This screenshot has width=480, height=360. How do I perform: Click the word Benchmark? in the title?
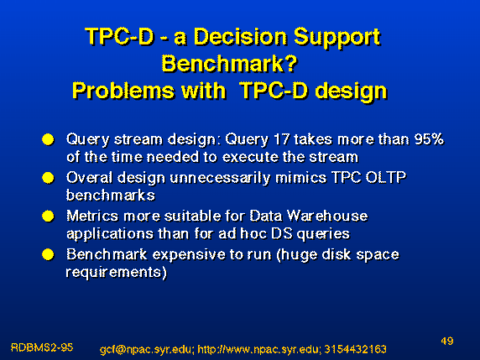click(230, 64)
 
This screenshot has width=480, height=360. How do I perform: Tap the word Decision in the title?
click(241, 37)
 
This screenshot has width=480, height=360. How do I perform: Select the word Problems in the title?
click(123, 91)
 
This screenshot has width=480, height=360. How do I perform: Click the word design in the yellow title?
click(352, 91)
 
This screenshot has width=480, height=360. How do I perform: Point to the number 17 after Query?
click(281, 139)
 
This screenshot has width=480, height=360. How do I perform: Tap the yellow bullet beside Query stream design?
click(48, 139)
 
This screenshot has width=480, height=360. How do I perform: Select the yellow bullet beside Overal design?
click(48, 178)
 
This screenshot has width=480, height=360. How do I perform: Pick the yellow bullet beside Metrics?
click(48, 217)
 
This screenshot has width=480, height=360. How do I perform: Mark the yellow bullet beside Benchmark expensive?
click(48, 254)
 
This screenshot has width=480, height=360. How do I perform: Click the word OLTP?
click(386, 178)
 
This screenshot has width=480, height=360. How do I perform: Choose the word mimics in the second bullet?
click(301, 178)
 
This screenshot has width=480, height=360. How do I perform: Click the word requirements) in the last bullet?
click(117, 273)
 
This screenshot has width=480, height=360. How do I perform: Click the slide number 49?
click(447, 341)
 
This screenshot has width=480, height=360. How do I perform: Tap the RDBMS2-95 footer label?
click(42, 347)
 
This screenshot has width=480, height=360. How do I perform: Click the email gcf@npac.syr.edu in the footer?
click(147, 349)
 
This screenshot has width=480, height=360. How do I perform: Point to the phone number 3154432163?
click(355, 349)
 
